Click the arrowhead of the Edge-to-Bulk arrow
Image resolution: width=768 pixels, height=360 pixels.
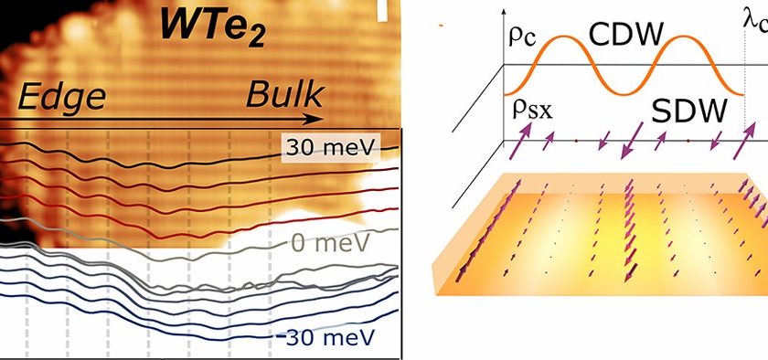click(x=315, y=119)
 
